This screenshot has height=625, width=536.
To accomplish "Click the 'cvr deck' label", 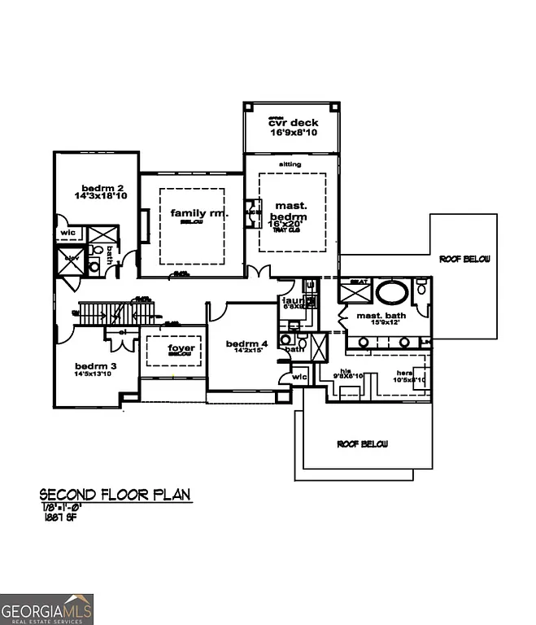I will coord(294,123).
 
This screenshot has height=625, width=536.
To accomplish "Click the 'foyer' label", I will coord(181,348).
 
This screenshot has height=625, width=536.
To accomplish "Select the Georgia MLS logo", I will coord(47,609).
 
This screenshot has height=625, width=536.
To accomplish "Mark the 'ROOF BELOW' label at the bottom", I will coord(362,444).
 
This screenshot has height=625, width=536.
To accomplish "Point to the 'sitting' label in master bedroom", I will coord(290,164).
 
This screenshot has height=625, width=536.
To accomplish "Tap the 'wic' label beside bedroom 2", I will coord(67,233).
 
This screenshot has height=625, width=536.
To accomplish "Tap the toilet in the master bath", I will coord(421,289).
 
